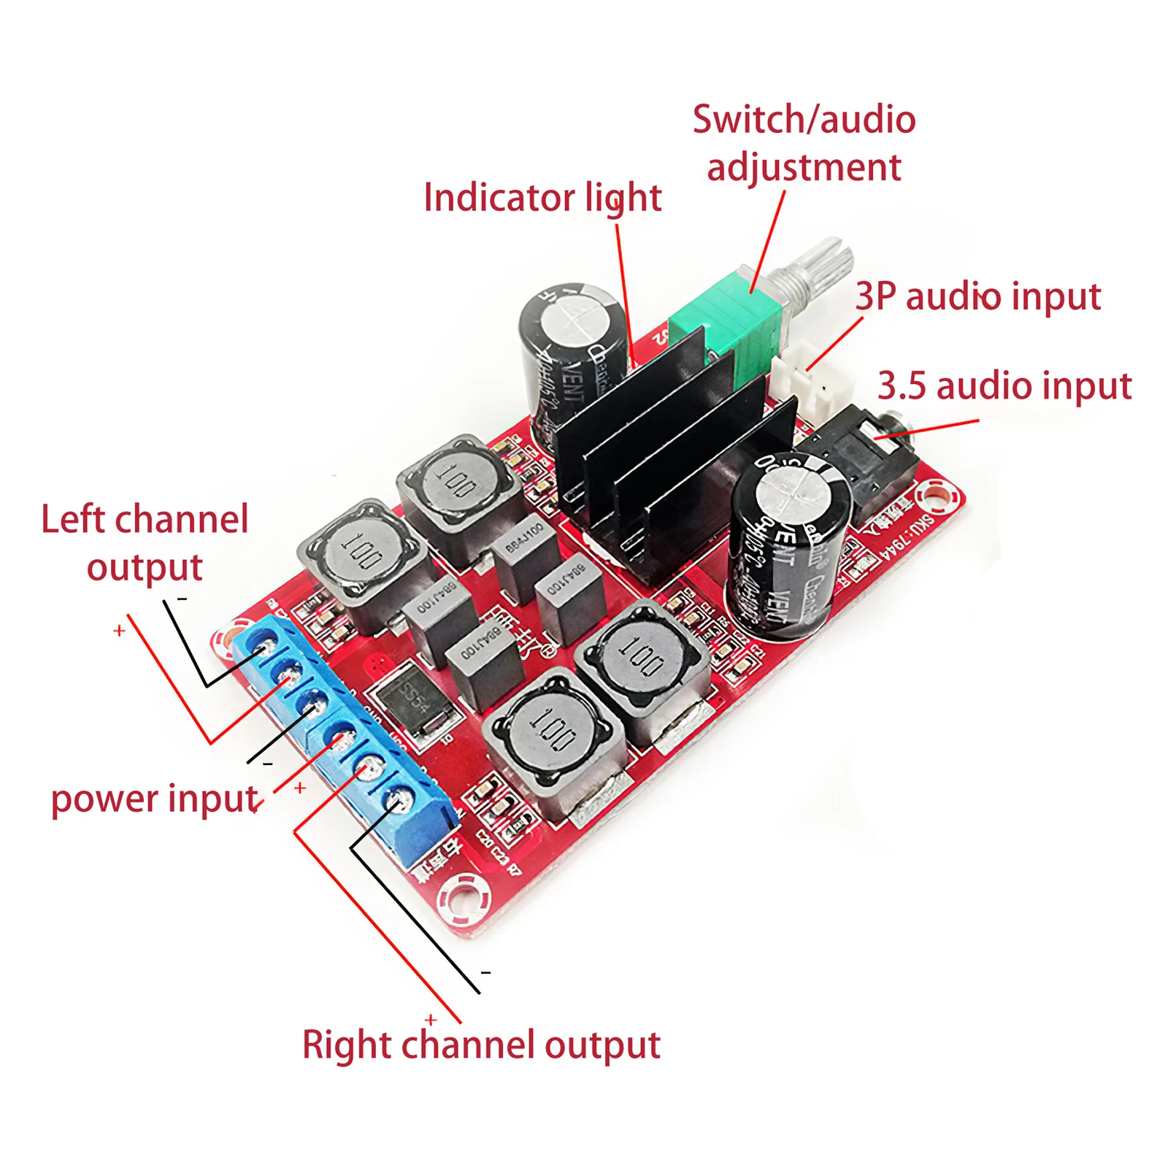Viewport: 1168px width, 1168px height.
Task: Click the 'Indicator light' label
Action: point(542,198)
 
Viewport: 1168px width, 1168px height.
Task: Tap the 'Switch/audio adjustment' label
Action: point(804,143)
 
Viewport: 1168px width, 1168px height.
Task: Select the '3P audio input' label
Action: point(977,296)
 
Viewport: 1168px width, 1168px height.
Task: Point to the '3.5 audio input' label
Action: point(1004,385)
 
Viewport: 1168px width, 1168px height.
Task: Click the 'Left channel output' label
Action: point(145,543)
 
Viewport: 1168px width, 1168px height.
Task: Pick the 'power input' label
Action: point(155,799)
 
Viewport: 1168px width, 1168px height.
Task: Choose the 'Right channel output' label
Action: point(481,1045)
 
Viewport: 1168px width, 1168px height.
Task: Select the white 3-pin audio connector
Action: point(804,377)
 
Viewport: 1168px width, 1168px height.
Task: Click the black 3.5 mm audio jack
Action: point(861,467)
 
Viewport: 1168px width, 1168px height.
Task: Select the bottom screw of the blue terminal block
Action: point(399,801)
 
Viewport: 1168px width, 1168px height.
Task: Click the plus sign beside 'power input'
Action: point(300,788)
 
